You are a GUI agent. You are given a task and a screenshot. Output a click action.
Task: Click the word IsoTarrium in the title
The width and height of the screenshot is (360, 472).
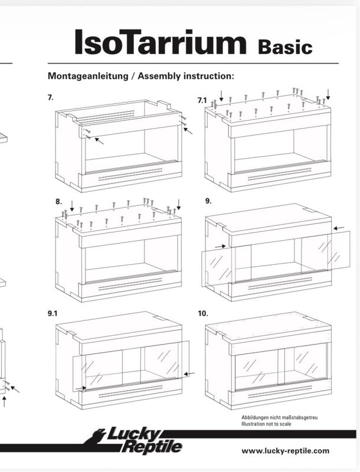(161, 42)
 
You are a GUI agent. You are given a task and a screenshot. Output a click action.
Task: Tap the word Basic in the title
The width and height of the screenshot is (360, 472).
(285, 47)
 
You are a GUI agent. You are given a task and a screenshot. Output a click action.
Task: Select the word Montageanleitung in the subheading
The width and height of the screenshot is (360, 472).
(88, 76)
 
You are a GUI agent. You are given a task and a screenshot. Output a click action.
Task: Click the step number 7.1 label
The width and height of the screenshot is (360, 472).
(202, 100)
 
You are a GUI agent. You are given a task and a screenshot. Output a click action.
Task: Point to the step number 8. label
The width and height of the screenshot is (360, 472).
(58, 202)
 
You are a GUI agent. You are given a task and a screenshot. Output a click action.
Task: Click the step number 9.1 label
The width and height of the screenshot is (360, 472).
(53, 314)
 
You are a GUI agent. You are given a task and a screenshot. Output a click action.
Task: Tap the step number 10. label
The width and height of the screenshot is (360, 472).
(203, 314)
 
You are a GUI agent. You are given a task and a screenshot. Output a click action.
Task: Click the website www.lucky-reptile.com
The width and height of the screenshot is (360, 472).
(285, 451)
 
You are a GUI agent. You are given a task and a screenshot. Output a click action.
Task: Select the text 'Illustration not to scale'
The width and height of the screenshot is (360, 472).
(266, 424)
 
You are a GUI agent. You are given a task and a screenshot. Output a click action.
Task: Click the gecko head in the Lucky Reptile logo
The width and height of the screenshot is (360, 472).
(98, 434)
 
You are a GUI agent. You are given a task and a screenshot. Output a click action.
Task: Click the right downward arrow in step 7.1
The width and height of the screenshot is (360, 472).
(328, 94)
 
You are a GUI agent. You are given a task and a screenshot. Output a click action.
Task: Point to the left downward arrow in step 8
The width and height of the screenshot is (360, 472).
(71, 205)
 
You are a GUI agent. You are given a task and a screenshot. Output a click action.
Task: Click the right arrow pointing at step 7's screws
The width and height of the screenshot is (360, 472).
(188, 131)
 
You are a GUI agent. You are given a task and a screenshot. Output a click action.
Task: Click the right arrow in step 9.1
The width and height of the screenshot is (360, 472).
(189, 374)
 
